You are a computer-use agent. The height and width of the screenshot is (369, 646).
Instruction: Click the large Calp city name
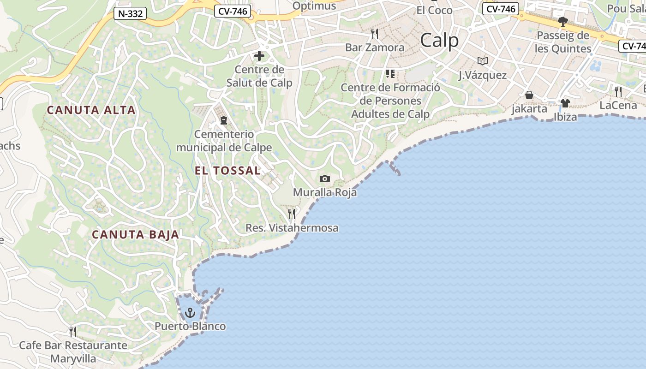(x=439, y=41)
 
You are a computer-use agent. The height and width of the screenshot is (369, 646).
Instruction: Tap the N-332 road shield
(x=130, y=13)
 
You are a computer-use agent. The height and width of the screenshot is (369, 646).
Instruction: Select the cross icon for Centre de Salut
(x=259, y=56)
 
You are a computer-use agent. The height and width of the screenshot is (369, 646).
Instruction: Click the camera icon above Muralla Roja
(x=325, y=179)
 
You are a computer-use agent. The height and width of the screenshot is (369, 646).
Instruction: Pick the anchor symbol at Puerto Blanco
(x=190, y=314)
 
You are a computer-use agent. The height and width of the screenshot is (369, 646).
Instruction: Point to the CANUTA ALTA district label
(x=91, y=110)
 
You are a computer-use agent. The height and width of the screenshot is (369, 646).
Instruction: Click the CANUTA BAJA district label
(x=135, y=235)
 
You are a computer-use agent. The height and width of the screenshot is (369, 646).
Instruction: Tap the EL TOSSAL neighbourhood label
(x=227, y=171)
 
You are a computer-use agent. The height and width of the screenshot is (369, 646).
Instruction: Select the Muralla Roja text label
(x=325, y=192)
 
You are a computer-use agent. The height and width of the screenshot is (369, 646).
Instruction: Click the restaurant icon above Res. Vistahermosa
(x=292, y=214)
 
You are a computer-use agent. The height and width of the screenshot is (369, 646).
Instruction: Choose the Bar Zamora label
(x=375, y=48)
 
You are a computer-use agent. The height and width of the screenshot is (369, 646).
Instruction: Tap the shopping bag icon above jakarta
(x=529, y=95)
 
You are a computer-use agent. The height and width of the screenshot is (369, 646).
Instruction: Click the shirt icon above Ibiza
(x=565, y=103)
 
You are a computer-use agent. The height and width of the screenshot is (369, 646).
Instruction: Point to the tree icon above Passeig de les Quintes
(x=562, y=21)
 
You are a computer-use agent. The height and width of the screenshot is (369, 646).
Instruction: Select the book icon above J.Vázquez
(x=483, y=61)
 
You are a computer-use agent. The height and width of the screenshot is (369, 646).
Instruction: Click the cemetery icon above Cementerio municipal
(x=224, y=120)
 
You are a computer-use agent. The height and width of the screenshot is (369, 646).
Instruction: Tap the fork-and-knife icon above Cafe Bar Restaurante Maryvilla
(x=73, y=331)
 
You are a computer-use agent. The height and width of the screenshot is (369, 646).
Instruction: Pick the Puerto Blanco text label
(x=190, y=327)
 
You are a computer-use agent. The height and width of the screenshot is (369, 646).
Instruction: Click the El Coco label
(x=434, y=10)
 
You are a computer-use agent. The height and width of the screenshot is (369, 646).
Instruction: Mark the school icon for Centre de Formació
(x=390, y=74)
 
